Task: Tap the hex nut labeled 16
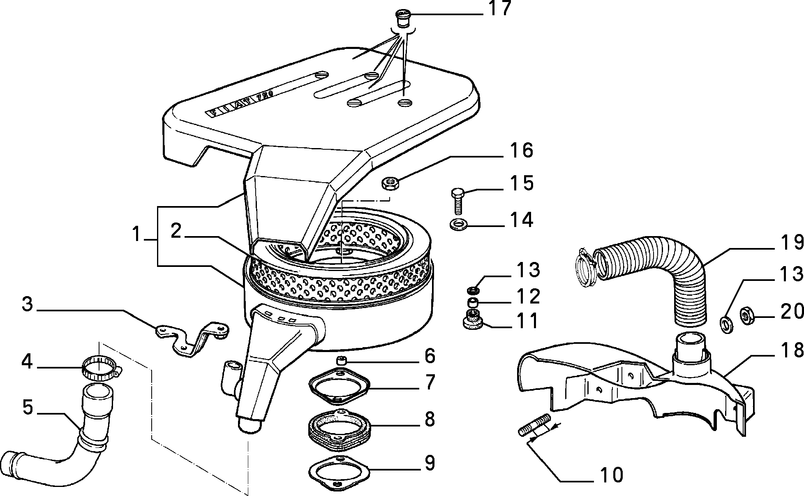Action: [x=389, y=183]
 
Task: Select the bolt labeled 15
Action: [x=458, y=202]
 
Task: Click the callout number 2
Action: [x=176, y=231]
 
